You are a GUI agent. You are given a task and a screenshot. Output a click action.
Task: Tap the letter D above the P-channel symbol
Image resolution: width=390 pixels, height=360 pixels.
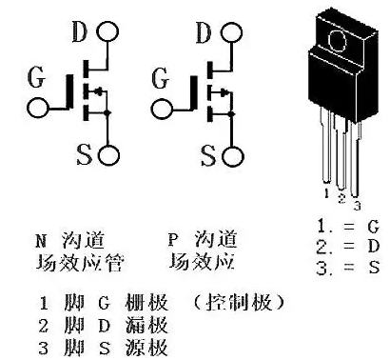pyautogui.click(x=204, y=32)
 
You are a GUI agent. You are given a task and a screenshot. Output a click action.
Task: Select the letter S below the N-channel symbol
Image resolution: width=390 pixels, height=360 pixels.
pyautogui.click(x=85, y=154)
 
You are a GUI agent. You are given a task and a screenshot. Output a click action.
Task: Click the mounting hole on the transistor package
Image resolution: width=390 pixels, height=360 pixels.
pyautogui.click(x=337, y=40)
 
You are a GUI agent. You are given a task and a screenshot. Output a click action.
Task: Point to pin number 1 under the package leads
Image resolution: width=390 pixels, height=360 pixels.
pyautogui.click(x=327, y=193)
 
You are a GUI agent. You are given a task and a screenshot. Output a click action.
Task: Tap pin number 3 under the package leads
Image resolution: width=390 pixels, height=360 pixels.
pyautogui.click(x=358, y=206)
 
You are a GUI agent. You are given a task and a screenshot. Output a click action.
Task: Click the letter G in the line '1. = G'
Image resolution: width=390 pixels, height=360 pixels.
pyautogui.click(x=374, y=227)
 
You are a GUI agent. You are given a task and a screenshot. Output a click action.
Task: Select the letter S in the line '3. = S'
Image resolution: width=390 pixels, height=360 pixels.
pyautogui.click(x=374, y=268)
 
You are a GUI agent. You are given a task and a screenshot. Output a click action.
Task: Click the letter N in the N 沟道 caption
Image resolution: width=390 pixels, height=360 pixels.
pyautogui.click(x=41, y=241)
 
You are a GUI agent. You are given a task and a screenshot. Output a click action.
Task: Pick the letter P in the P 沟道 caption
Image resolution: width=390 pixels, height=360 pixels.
pyautogui.click(x=173, y=239)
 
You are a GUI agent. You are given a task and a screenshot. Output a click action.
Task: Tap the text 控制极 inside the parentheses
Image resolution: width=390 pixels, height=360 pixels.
pyautogui.click(x=240, y=302)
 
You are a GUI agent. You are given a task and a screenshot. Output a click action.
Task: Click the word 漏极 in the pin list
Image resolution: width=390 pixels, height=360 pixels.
pyautogui.click(x=146, y=325)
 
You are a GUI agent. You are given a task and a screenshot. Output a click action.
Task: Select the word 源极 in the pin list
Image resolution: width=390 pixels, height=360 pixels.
pyautogui.click(x=146, y=348)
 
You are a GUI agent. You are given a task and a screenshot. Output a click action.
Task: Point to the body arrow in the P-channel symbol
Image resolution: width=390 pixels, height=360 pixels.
pyautogui.click(x=221, y=92)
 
